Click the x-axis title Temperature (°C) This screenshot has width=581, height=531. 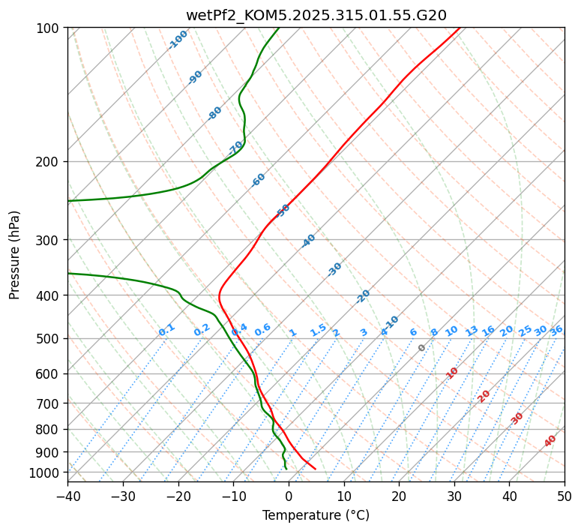point(316,515)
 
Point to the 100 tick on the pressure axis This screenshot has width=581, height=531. point(49,28)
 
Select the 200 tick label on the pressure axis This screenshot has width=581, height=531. point(49,161)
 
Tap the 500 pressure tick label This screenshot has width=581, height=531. point(49,338)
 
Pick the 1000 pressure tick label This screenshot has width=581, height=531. point(46,472)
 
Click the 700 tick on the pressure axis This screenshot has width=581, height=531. point(49,403)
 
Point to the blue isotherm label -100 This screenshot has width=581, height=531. point(178,40)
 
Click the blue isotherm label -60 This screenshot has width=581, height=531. point(259,180)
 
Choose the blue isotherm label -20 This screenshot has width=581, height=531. point(363,296)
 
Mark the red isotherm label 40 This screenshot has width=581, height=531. point(550,441)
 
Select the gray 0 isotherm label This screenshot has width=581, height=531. point(422,348)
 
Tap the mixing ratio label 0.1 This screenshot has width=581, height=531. point(166,330)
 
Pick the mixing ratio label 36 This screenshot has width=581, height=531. point(556,330)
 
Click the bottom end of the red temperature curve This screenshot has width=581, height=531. point(315,469)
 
